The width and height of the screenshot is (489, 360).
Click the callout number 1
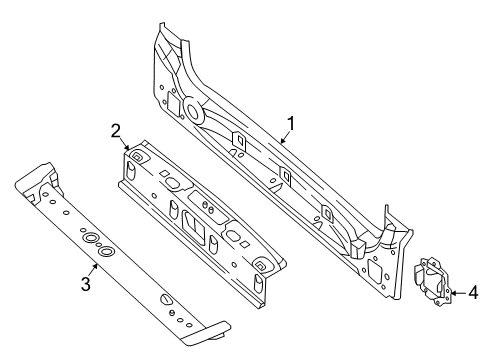coord(290,125)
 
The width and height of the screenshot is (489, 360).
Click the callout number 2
coord(116,130)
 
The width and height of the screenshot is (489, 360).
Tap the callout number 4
coord(474,294)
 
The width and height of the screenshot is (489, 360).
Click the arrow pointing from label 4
coord(458,294)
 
